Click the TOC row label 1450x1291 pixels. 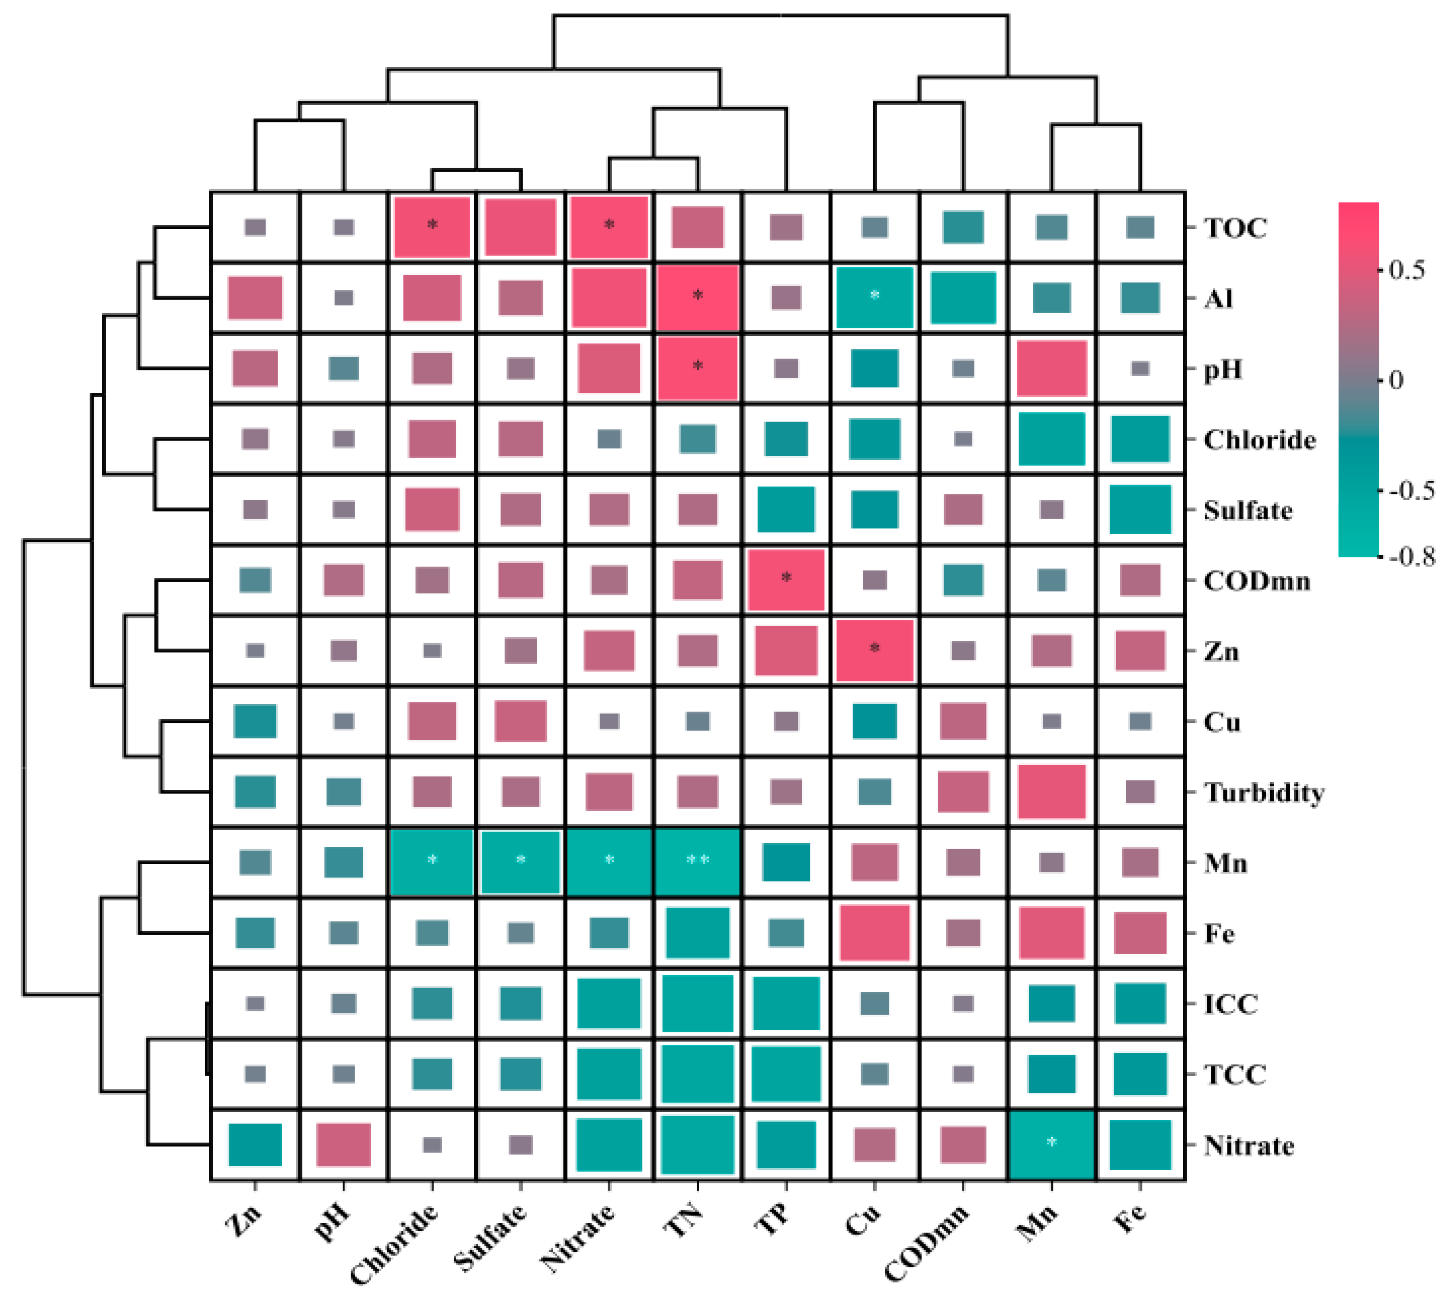1235,228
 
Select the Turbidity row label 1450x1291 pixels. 1264,793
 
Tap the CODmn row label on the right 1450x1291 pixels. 1256,582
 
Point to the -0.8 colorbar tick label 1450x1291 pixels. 1413,557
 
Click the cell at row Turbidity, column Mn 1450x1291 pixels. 1052,792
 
